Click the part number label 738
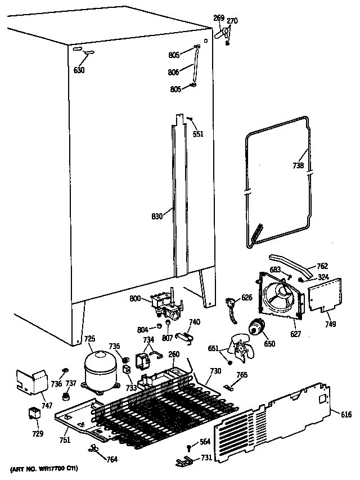pyautogui.click(x=298, y=165)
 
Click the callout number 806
pyautogui.click(x=173, y=72)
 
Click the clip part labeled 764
pyautogui.click(x=94, y=448)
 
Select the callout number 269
pyautogui.click(x=219, y=19)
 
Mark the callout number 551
pyautogui.click(x=197, y=134)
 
